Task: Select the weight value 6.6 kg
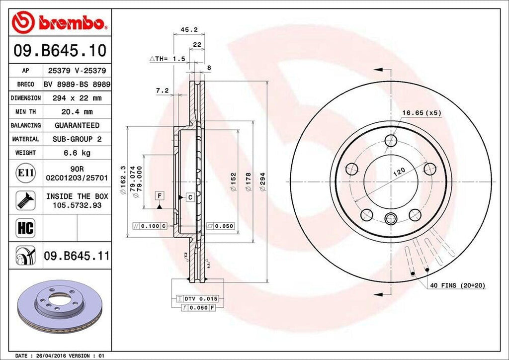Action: point(77,153)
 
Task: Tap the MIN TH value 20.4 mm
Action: point(77,112)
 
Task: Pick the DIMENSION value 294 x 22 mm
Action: point(77,98)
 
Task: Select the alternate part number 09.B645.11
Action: point(77,257)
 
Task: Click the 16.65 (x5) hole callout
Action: point(422,113)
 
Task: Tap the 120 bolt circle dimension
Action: point(399,172)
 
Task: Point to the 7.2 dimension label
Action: point(162,90)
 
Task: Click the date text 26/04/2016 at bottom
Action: point(51,356)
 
